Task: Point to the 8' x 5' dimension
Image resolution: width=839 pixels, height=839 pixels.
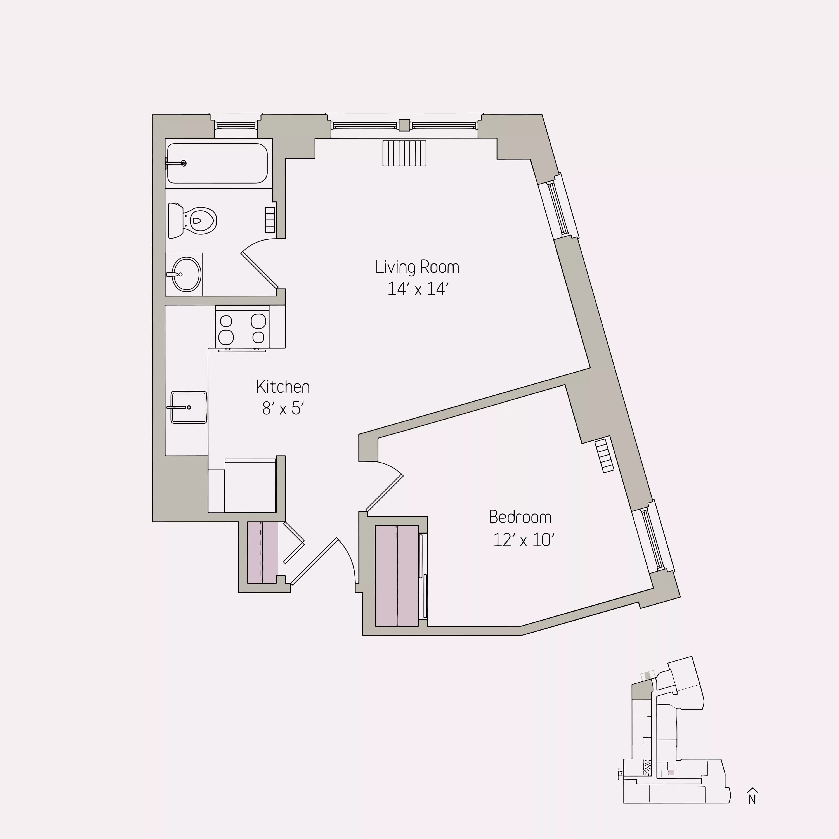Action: tap(283, 408)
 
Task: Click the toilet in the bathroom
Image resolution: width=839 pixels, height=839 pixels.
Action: tap(193, 221)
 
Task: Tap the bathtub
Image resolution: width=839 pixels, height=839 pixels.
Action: tap(217, 163)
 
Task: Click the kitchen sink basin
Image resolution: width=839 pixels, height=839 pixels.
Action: tap(189, 407)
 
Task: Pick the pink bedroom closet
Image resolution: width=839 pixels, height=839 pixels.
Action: tap(397, 576)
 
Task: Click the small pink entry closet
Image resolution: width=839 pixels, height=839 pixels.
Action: tap(262, 552)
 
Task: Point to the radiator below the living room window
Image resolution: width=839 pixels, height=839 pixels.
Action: tap(404, 153)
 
